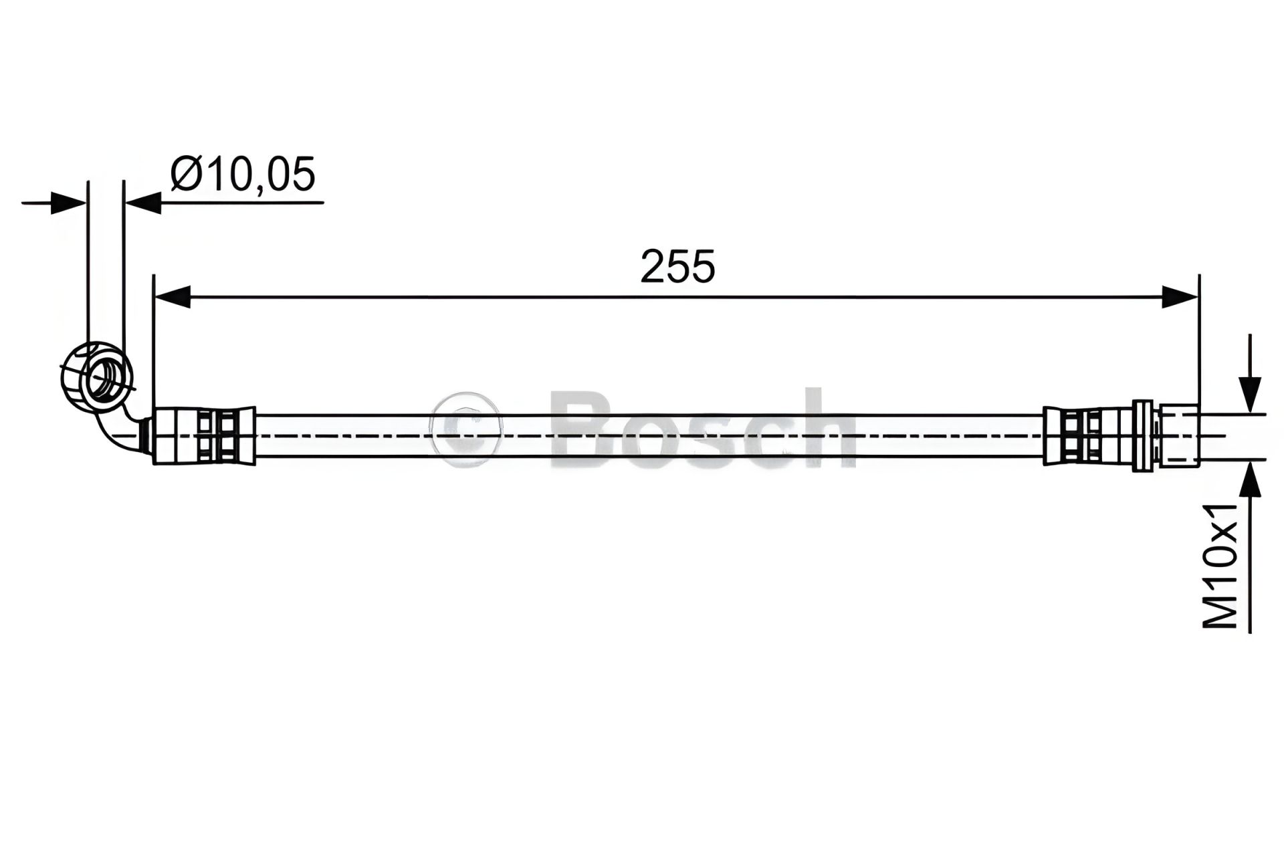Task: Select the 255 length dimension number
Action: pos(677,267)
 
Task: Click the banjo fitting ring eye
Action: pos(105,381)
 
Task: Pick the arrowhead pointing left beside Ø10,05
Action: pos(143,202)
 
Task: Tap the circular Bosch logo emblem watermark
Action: pos(467,428)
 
